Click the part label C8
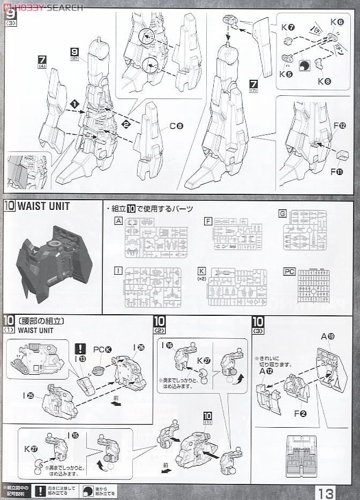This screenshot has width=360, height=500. (176, 126)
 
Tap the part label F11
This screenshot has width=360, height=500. (337, 172)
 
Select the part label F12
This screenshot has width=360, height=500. (340, 126)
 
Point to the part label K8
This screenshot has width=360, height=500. (324, 81)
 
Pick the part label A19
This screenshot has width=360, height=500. (326, 336)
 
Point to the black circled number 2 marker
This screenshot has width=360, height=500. (126, 125)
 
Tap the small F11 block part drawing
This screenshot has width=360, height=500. (341, 155)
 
